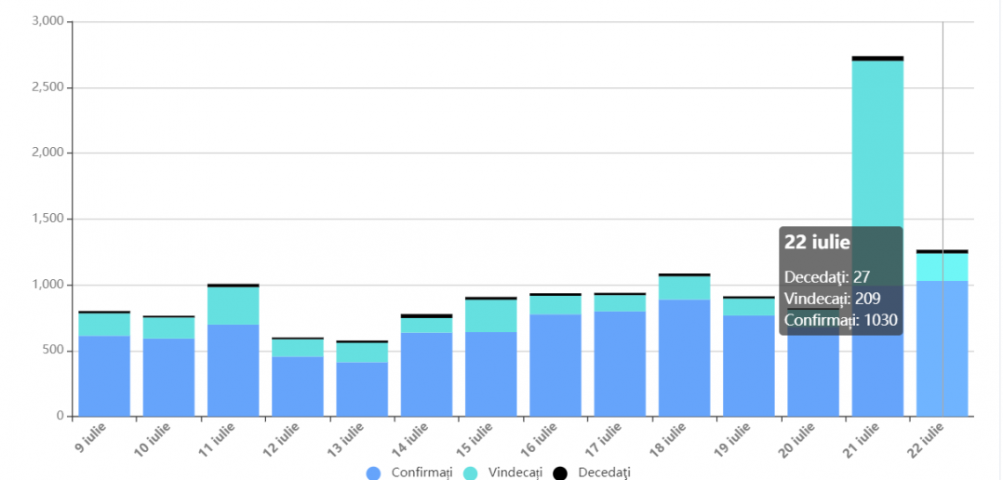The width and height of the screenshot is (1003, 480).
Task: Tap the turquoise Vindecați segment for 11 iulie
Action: pyautogui.click(x=233, y=305)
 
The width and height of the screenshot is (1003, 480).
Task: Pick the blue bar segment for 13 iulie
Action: pyautogui.click(x=362, y=389)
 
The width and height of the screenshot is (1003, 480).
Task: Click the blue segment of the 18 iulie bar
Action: pyautogui.click(x=684, y=357)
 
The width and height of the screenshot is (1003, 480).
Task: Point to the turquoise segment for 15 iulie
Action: pyautogui.click(x=491, y=315)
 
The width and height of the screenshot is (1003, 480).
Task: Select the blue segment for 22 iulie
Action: pyautogui.click(x=942, y=348)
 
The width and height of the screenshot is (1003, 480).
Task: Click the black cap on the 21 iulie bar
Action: pyautogui.click(x=877, y=58)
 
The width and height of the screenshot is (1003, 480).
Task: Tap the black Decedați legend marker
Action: pyautogui.click(x=560, y=473)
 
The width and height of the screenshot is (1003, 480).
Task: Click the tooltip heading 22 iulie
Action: pyautogui.click(x=817, y=243)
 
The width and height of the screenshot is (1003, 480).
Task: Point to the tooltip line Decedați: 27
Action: pyautogui.click(x=827, y=276)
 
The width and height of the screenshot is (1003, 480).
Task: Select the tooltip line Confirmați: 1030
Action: pyautogui.click(x=840, y=320)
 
